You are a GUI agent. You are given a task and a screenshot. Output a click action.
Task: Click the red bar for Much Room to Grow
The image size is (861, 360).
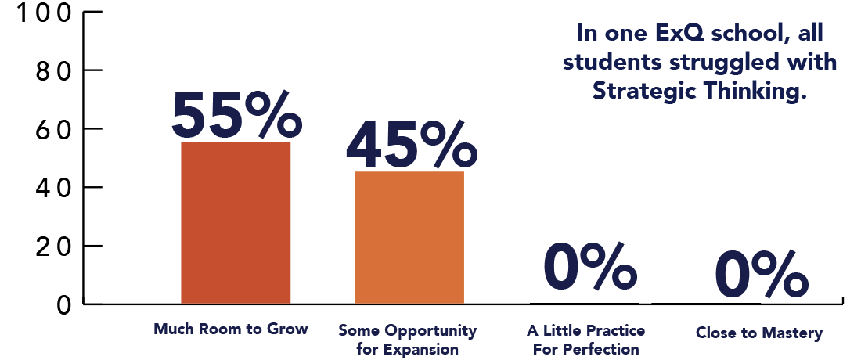pos(236,223)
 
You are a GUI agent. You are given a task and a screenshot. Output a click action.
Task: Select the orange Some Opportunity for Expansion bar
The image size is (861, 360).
pos(409,238)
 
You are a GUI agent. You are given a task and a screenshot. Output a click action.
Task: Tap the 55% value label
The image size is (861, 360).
pos(236,115)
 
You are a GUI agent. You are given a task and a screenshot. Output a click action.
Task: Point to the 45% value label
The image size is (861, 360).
pos(410,146)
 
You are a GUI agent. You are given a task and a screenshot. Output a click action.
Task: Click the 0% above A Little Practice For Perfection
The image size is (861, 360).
pos(589,268)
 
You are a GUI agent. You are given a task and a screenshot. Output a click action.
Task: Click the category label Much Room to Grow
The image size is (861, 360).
pos(231,329)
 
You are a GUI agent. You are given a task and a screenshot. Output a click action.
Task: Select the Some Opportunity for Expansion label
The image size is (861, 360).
pos(407,340)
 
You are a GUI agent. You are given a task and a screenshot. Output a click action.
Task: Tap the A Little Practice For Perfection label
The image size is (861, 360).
pos(586,340)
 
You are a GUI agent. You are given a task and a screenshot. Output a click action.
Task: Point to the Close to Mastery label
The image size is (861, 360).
pos(759,333)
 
